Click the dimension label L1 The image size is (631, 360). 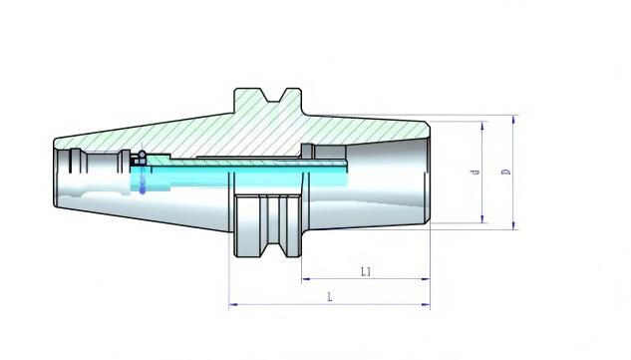coord(366,271)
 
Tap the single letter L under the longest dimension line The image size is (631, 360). coord(330,297)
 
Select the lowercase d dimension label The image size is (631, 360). coord(475,172)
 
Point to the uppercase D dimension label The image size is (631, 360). coord(506,172)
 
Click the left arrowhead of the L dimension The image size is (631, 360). coord(233,304)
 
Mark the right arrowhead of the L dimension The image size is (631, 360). coord(426,304)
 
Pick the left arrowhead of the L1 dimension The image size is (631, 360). coord(306,278)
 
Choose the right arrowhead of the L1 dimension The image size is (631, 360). coord(426,278)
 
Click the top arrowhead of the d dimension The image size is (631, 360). coord(482,126)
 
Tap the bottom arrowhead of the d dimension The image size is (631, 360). coord(482,218)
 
